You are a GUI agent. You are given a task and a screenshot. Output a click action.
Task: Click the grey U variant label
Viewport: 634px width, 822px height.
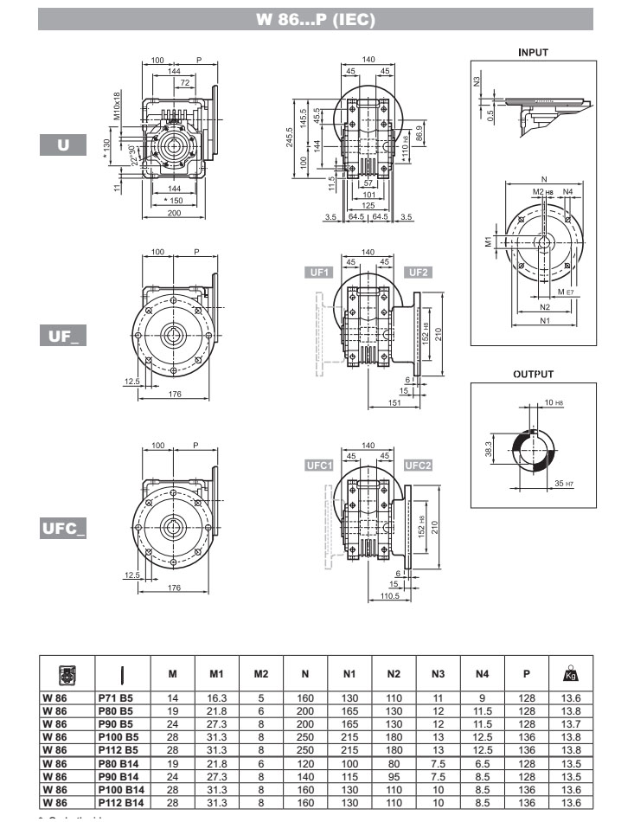click(x=63, y=145)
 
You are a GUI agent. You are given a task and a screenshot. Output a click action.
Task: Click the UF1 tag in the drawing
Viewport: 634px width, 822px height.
click(x=319, y=273)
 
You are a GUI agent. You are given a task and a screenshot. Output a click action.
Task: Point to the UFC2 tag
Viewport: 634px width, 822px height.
click(x=419, y=466)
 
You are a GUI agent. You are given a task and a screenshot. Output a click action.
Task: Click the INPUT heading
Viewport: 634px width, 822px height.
click(x=533, y=52)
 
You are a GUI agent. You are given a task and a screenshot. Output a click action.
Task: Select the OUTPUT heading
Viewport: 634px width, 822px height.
click(x=533, y=374)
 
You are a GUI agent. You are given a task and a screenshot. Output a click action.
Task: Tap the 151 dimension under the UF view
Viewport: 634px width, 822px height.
click(x=394, y=402)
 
